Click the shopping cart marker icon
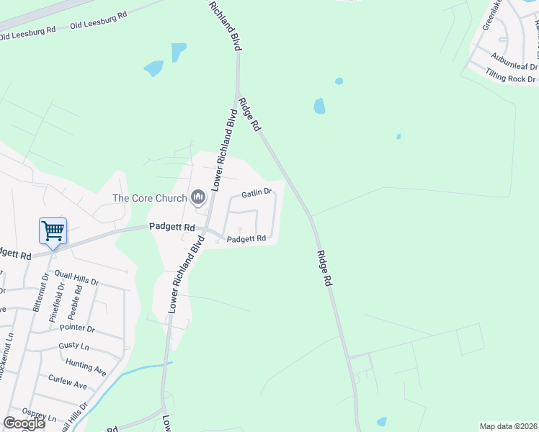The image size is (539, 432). point(53,231)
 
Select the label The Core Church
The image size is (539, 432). point(149,199)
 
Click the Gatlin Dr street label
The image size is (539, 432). point(256,192)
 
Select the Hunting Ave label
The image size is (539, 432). point(86,366)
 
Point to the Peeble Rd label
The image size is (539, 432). point(73,302)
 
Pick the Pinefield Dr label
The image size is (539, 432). point(56,303)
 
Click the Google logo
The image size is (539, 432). point(24,423)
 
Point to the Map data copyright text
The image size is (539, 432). point(508,426)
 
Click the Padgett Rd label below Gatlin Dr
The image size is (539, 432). point(246,238)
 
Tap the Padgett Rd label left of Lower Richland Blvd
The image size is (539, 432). point(172,226)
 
